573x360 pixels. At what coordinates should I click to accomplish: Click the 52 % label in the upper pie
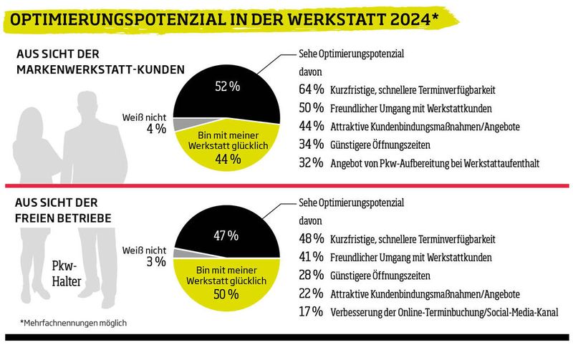point(227,87)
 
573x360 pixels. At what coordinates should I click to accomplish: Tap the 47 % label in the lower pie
point(227,235)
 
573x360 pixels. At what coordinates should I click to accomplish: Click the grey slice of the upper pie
point(179,126)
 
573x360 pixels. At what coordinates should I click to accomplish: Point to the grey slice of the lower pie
point(179,253)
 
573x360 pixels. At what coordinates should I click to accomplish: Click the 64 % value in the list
point(310,89)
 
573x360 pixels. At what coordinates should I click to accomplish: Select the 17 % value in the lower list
point(310,312)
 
